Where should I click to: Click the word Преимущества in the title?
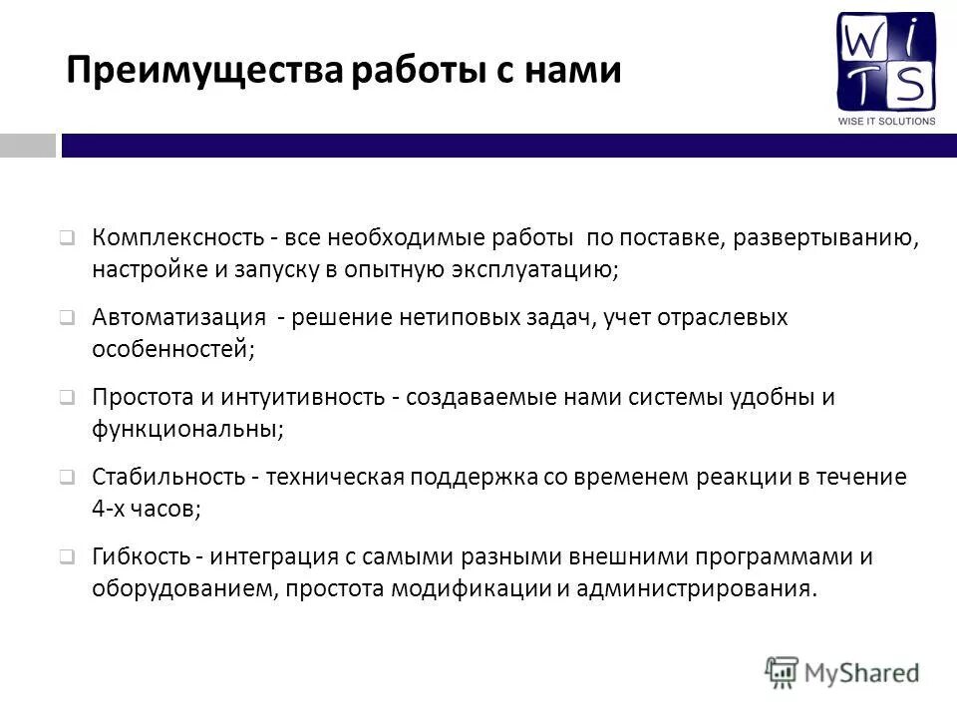[x=205, y=71]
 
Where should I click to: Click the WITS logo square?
[x=886, y=62]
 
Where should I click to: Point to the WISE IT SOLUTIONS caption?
[x=886, y=122]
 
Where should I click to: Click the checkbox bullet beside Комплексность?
[x=66, y=239]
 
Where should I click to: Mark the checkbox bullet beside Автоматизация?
[x=66, y=319]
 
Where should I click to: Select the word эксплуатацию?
[x=536, y=268]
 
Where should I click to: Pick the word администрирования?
[x=695, y=587]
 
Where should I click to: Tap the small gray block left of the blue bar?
[x=28, y=146]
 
